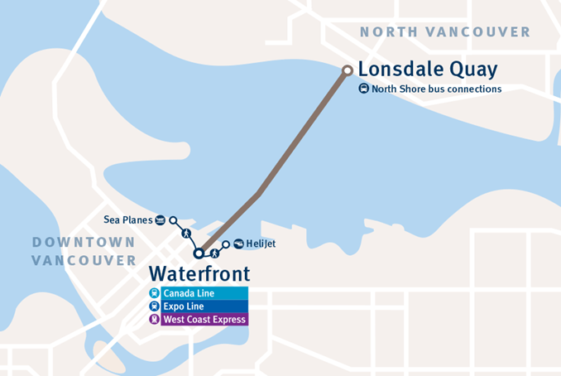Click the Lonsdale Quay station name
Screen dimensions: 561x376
[428, 69]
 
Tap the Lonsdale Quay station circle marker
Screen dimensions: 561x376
[348, 70]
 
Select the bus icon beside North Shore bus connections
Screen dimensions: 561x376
[363, 89]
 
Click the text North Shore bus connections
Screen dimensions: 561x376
[436, 89]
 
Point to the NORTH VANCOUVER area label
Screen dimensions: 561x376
[445, 32]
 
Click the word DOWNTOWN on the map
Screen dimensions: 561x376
[83, 242]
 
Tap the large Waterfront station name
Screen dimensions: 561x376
[199, 273]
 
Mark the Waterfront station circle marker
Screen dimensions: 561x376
[199, 253]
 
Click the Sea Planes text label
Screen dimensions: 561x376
[128, 219]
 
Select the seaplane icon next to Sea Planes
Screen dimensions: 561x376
[160, 219]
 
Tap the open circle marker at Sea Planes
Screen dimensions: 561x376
[173, 220]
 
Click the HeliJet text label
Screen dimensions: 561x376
[261, 243]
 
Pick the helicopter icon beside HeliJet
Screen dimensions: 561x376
[238, 243]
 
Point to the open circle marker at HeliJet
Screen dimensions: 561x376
[225, 244]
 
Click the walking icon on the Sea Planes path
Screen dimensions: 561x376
[185, 234]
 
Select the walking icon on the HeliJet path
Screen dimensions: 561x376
[213, 252]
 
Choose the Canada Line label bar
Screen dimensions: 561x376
[204, 293]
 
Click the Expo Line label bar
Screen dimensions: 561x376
[204, 306]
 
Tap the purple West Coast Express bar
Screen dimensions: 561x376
[204, 319]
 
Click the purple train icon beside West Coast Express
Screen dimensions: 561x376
[154, 319]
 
